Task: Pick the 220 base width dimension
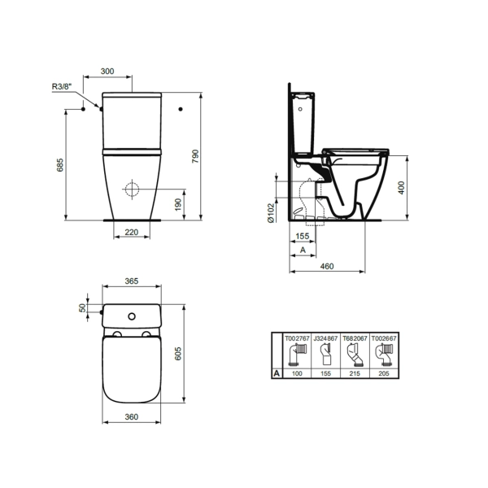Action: [x=132, y=233]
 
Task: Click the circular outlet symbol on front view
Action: [x=133, y=189]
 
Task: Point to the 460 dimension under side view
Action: [x=328, y=266]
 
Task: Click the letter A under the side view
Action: [x=303, y=251]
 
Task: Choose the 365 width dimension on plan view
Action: [x=131, y=281]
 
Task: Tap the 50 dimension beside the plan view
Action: [x=81, y=309]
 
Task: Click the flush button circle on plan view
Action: [x=133, y=314]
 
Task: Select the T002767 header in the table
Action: [x=297, y=338]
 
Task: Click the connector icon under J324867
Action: [x=325, y=355]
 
